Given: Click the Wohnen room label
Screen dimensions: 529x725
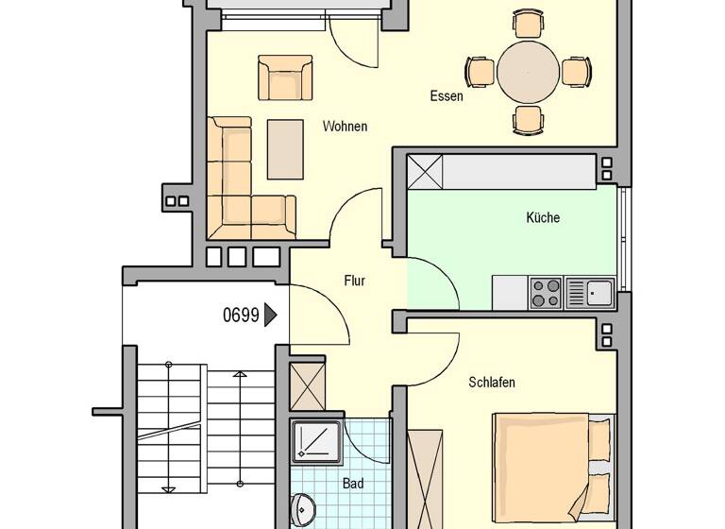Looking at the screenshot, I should (x=345, y=127).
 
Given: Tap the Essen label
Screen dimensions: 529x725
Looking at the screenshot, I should (x=446, y=95).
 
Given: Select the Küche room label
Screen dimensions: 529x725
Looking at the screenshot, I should (x=543, y=217).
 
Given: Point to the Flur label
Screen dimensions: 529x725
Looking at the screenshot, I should (x=354, y=281).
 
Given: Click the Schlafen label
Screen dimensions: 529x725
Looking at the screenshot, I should (x=492, y=383).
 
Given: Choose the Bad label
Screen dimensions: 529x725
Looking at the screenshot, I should (x=353, y=484).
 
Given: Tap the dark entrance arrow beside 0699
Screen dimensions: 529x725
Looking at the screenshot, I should (x=272, y=315).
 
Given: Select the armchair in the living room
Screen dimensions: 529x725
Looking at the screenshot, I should (x=285, y=78).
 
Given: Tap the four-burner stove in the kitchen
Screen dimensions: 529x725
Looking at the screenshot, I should (x=546, y=293).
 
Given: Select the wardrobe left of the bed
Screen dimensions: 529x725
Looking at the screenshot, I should (x=425, y=478).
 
